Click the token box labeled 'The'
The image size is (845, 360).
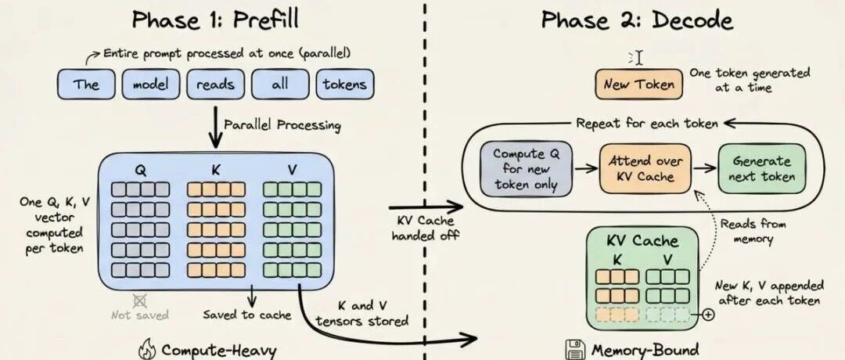click(86, 85)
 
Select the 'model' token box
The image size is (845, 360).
click(151, 85)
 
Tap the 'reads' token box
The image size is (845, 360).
click(216, 85)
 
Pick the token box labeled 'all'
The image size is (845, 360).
click(280, 85)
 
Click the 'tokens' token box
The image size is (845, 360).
click(345, 85)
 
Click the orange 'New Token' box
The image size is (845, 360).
click(638, 84)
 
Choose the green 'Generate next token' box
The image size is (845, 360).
click(762, 167)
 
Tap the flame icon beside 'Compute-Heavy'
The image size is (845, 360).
click(146, 349)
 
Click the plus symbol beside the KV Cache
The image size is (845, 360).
click(708, 315)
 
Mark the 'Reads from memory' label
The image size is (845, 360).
click(753, 232)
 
